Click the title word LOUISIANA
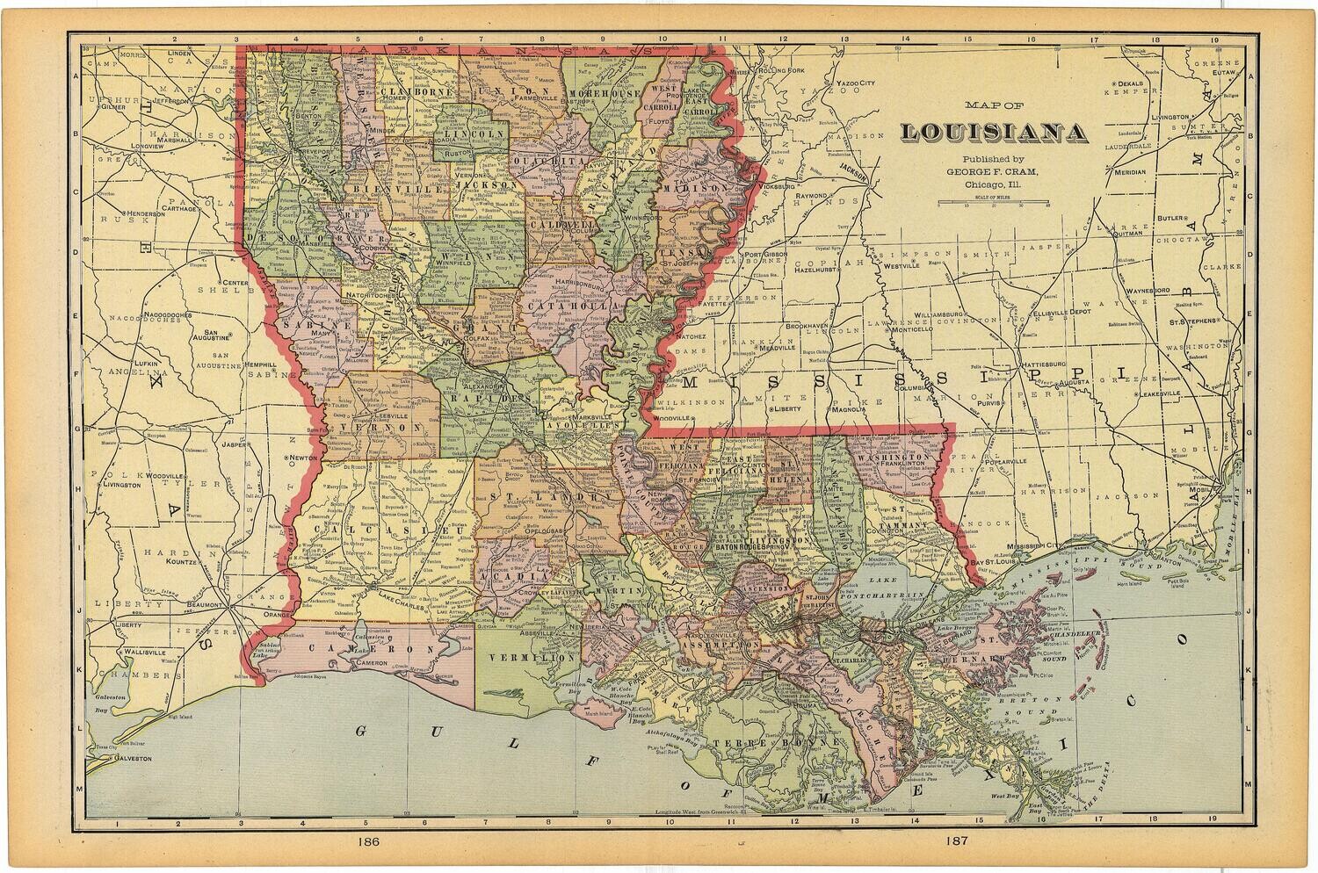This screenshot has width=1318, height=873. [992, 133]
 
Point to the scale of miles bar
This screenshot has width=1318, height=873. [991, 202]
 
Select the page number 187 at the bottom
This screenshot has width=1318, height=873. [957, 841]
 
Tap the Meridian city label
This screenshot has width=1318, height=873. [1127, 172]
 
